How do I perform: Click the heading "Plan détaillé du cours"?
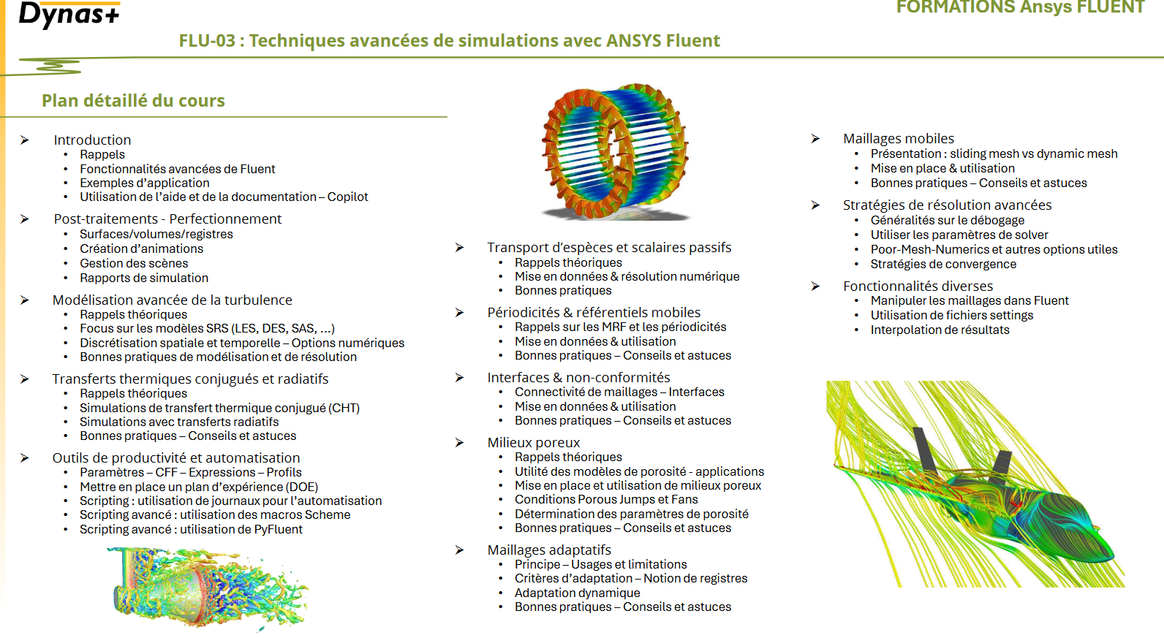[133, 101]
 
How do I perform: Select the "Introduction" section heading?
[92, 140]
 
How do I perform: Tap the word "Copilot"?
[347, 197]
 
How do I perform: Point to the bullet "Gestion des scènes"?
[134, 263]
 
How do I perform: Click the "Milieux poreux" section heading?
[533, 442]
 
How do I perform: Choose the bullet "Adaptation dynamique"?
[577, 593]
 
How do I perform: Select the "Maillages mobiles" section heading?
[898, 138]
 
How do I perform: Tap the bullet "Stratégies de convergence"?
[942, 264]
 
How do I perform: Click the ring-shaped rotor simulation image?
[614, 150]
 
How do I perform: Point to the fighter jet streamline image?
[975, 484]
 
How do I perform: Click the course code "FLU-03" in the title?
[207, 41]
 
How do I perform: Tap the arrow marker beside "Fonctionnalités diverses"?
[815, 286]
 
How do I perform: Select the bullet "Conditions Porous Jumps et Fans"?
[605, 499]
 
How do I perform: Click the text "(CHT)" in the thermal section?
[344, 408]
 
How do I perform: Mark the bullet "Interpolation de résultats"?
[940, 330]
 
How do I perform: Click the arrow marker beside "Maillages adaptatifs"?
[459, 550]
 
